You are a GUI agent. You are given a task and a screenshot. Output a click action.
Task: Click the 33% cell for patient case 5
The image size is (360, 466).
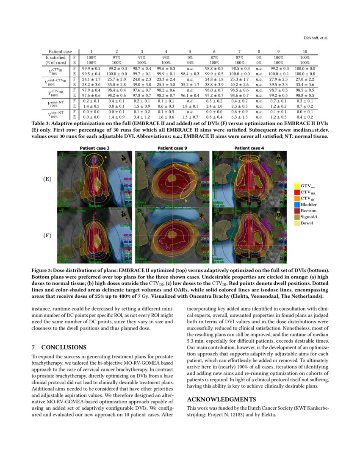190,62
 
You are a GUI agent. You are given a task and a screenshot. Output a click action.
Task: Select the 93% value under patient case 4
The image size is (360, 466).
166,57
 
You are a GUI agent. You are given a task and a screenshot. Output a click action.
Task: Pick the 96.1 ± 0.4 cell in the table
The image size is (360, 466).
190,96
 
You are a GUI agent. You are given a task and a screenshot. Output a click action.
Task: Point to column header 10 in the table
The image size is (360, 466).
305,51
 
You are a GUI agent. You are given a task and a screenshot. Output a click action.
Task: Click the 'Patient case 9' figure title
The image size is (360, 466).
172,148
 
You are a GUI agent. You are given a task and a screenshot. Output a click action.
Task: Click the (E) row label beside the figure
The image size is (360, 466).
47,179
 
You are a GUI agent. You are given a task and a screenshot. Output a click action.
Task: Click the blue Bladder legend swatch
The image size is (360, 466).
297,205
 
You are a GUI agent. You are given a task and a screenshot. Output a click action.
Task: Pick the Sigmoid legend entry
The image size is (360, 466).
308,217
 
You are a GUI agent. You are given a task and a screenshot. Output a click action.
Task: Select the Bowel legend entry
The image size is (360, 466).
307,223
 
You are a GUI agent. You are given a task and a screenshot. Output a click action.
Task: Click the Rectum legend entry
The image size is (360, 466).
308,211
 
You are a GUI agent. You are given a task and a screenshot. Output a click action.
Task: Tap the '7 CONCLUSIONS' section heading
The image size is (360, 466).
59,347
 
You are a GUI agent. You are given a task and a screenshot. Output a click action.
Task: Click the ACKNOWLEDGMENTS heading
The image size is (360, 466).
221,399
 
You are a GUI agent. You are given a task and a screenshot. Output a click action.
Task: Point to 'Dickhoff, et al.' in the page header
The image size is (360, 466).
316,38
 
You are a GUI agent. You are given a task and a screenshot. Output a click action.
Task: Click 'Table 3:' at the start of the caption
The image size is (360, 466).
41,123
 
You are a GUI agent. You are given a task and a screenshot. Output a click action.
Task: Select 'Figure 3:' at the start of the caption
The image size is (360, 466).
43,270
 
